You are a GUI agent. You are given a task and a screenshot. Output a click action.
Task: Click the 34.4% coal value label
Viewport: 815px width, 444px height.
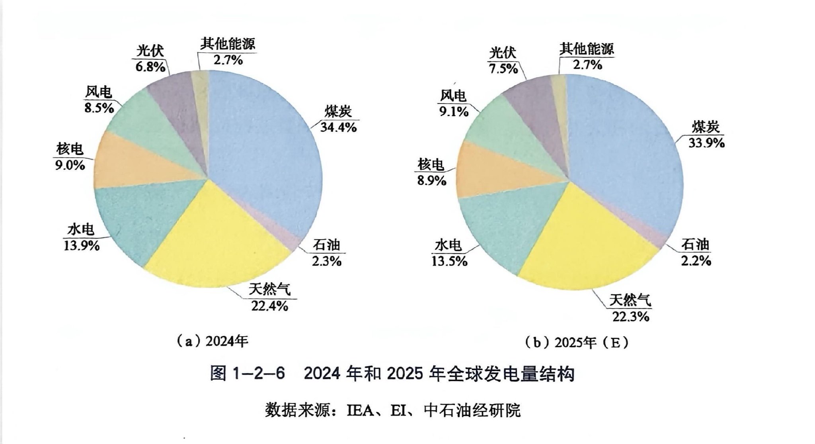[339, 127]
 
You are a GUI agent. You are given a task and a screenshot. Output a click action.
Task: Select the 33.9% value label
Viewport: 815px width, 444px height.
[706, 143]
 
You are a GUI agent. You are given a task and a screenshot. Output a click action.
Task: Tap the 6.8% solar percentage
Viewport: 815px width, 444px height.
[150, 67]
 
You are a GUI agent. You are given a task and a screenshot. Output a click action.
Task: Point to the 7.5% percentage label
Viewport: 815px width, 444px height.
[503, 68]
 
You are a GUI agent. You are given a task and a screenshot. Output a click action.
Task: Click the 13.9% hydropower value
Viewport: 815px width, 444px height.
[81, 245]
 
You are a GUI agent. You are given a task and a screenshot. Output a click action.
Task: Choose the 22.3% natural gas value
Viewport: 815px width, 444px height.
[631, 316]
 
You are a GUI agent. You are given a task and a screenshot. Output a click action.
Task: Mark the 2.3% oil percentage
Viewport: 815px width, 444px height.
[326, 261]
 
